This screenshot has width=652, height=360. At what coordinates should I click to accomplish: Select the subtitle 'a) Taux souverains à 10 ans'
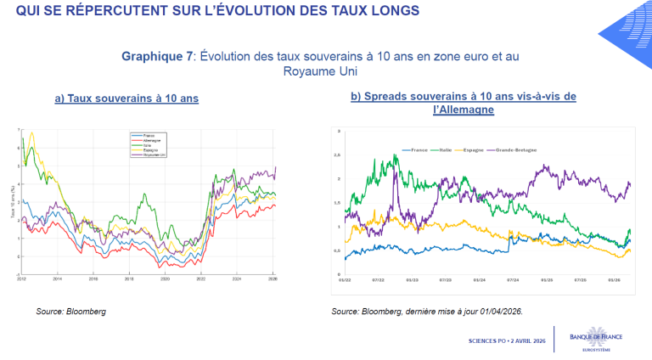coord(126,98)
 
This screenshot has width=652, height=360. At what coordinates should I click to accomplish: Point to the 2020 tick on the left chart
coord(165,278)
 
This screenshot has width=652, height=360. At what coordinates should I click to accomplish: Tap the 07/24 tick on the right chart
coord(513,278)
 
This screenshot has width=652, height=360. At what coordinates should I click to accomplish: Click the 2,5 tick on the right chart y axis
coord(337,155)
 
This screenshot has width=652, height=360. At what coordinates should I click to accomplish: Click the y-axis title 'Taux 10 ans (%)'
coord(13,204)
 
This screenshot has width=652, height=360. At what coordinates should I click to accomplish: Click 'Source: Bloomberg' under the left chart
coord(70,312)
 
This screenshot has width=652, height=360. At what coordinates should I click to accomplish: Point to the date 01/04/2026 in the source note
coord(500,312)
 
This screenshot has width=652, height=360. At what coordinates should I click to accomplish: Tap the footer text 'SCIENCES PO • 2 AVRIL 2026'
coord(507,340)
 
